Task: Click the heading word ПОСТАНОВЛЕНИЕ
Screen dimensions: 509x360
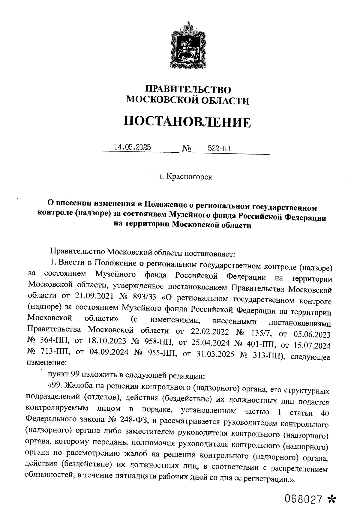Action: (x=187, y=122)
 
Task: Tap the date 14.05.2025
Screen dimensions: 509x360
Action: (x=132, y=147)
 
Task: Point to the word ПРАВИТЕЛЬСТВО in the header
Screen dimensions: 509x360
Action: (x=188, y=89)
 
